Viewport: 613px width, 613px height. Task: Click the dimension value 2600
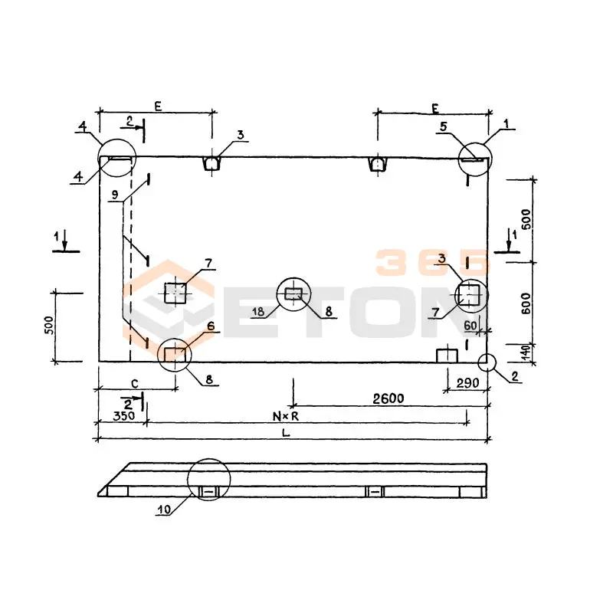point(388,398)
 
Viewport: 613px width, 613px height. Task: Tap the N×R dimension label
point(286,417)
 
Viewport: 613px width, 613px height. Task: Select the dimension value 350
point(124,416)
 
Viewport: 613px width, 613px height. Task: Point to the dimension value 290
point(467,383)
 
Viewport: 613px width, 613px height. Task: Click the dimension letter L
point(286,433)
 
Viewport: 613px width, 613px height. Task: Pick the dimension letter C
point(135,384)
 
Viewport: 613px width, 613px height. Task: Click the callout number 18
point(258,312)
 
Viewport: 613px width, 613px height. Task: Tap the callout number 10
point(164,510)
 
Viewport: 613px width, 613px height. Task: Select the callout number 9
point(114,195)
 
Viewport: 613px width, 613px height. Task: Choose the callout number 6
point(211,326)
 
